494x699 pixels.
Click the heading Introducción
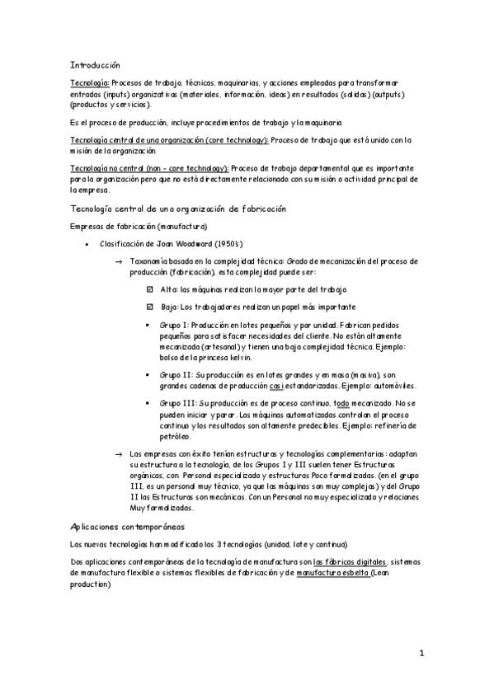tap(96, 63)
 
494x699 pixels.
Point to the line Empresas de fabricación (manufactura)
tap(139, 226)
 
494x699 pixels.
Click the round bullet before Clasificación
tap(87, 244)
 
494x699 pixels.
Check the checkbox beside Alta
tap(149, 289)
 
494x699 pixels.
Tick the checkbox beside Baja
tap(149, 307)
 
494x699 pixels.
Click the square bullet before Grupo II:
tap(148, 374)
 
